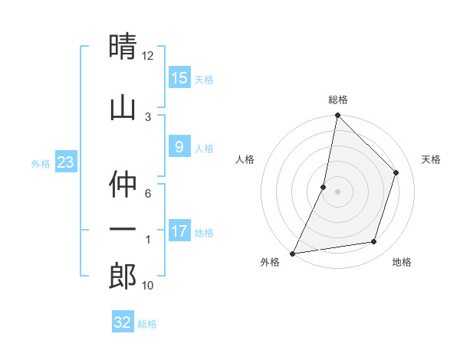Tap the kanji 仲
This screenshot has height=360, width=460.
[123, 185]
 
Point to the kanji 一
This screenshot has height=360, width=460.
[123, 229]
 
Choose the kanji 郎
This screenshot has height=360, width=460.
[123, 274]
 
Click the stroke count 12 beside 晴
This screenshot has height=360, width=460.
[148, 55]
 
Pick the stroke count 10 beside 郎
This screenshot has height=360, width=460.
[148, 285]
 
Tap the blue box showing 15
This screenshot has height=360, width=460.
[179, 77]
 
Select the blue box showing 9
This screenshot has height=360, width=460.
[179, 147]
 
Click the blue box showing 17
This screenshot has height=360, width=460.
[179, 231]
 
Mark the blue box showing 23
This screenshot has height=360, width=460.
[65, 162]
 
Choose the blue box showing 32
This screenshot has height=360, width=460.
[123, 322]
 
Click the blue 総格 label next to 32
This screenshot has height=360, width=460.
[147, 324]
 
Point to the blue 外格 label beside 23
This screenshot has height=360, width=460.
[41, 163]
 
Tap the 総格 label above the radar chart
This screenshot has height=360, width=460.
[337, 100]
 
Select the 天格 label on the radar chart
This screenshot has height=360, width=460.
[432, 159]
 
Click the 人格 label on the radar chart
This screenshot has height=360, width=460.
[245, 159]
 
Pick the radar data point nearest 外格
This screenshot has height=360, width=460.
[292, 253]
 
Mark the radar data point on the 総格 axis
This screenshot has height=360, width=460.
[337, 116]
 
